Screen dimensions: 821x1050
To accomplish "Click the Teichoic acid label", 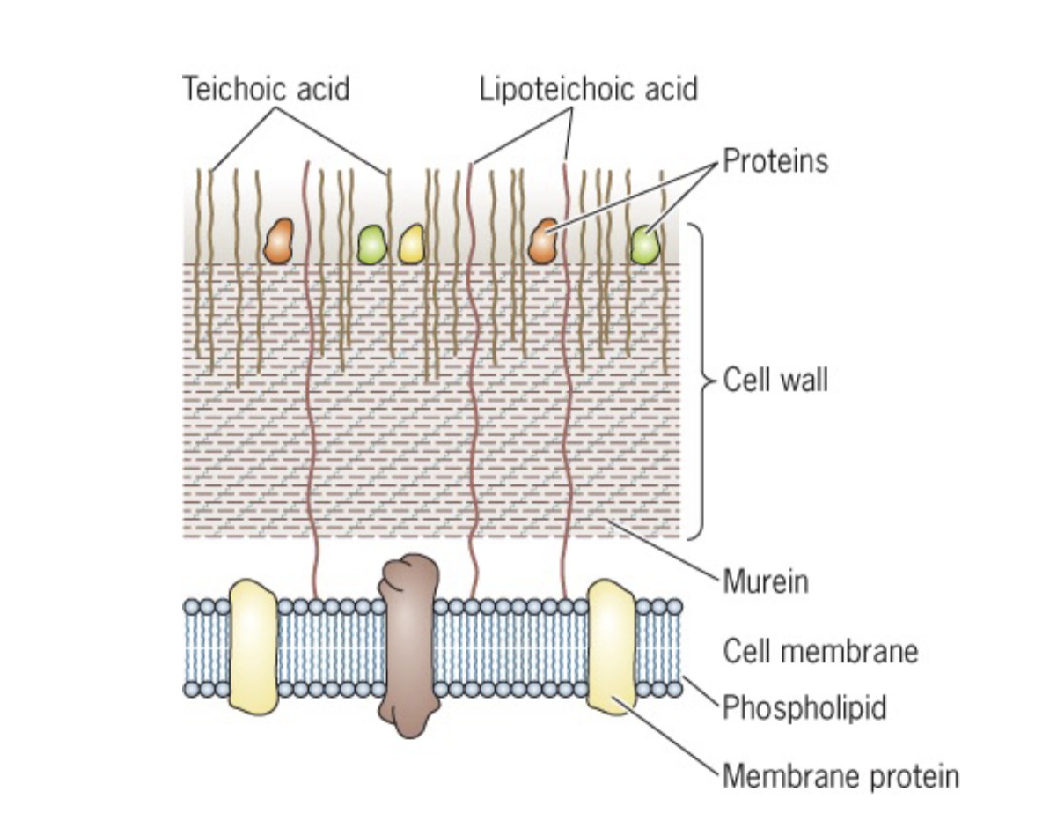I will point(266,90).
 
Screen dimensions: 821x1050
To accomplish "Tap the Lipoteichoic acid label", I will point(588,90).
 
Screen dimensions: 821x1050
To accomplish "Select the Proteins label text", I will point(775,161).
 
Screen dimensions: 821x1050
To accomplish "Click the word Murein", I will point(765,582).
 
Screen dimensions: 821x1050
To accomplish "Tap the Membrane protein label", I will point(841,776).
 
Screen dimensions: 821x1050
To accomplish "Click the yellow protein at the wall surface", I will point(411,244).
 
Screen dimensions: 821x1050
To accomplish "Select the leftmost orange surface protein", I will point(280,241).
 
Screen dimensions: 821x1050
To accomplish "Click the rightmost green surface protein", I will point(645,244).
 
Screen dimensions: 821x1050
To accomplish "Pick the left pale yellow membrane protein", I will point(253,645).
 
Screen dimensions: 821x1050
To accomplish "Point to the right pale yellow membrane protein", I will point(611,645).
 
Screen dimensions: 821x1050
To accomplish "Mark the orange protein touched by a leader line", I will point(543,241).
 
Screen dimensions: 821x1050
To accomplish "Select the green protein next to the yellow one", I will point(371,244).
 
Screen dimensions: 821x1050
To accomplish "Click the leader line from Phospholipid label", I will point(701,691).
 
